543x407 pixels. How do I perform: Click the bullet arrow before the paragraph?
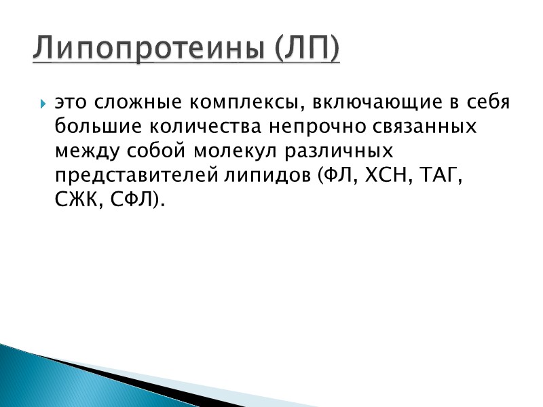43,105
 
